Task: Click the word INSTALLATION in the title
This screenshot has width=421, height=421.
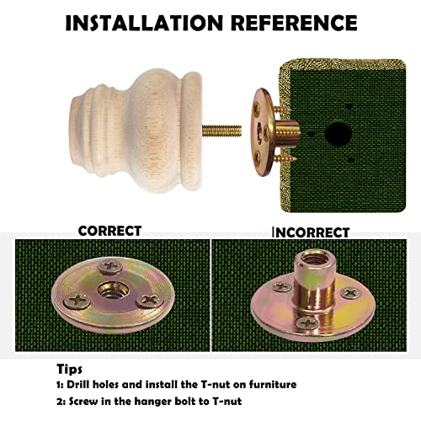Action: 144,23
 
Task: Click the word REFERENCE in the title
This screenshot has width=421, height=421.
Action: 294,23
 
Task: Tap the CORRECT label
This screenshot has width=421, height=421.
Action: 109,231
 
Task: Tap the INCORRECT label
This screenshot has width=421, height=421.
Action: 311,232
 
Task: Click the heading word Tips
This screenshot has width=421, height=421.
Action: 69,370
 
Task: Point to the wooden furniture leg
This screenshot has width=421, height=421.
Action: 136,131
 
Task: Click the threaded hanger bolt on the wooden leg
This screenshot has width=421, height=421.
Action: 221,131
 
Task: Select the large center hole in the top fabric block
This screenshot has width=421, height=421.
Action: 338,132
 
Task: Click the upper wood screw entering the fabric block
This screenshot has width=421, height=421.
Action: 281,109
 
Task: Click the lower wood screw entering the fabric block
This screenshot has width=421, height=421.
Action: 285,158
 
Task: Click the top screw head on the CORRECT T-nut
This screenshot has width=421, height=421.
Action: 111,266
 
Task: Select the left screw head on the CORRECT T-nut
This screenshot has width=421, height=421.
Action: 77,301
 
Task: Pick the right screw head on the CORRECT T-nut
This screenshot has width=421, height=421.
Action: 150,301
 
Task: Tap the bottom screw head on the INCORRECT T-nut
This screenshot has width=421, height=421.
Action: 308,323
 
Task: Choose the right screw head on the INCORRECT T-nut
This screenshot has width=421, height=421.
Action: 351,293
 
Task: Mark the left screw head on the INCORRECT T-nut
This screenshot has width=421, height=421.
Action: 282,287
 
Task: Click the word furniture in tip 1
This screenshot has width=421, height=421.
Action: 273,385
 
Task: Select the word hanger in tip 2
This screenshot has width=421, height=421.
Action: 150,402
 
